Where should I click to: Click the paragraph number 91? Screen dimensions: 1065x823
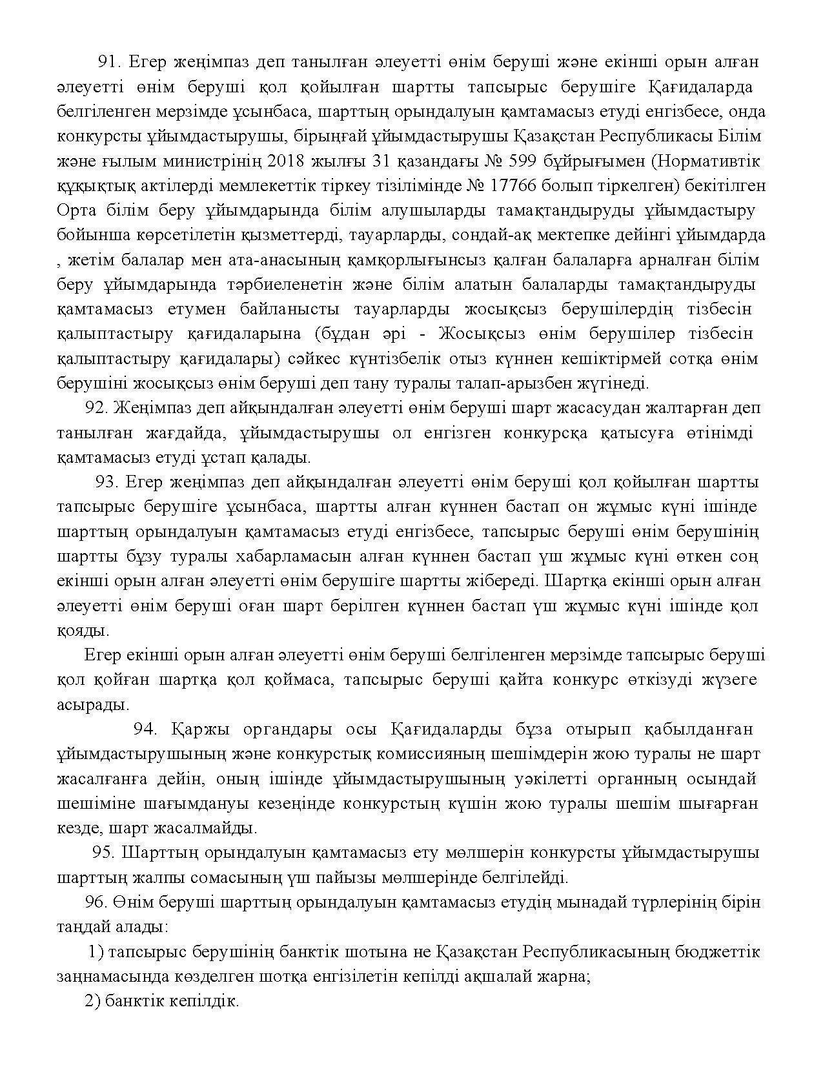110,62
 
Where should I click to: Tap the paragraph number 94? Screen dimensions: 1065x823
146,729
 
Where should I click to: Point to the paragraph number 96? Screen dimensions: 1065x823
97,902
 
